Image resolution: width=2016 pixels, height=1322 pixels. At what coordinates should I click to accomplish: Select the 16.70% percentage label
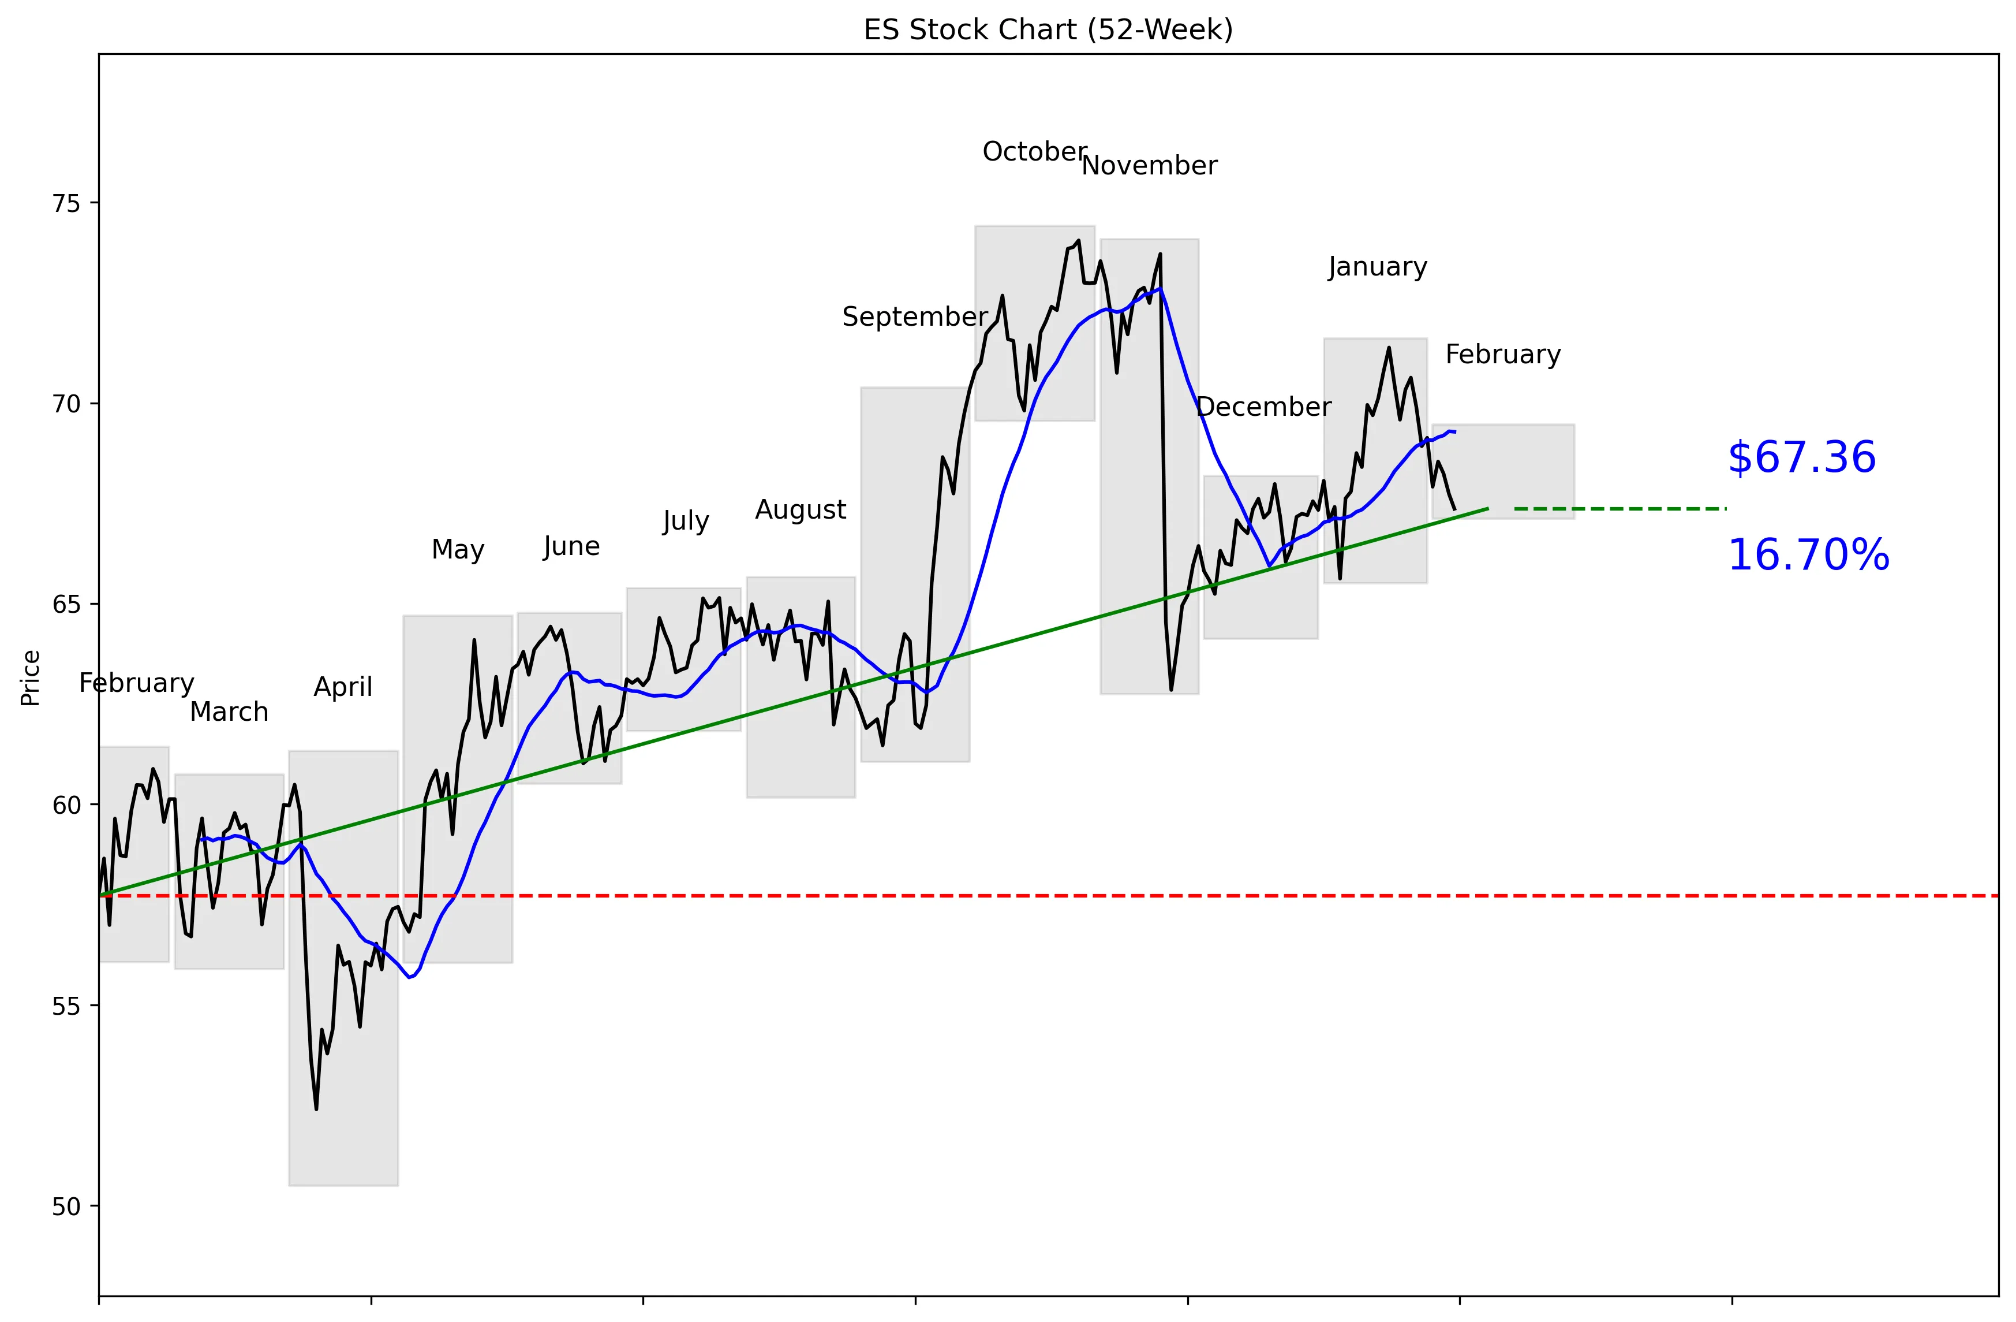1808,556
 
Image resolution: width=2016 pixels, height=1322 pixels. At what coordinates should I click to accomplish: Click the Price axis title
31,678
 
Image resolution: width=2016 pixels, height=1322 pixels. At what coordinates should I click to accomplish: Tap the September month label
915,317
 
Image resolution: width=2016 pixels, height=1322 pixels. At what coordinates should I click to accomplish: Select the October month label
1034,152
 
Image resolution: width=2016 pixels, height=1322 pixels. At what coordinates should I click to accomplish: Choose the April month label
343,687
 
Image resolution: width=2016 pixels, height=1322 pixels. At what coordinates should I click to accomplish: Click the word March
229,712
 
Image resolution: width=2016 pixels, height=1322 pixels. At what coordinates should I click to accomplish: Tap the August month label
801,509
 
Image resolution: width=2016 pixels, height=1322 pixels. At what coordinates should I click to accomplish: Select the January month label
1377,267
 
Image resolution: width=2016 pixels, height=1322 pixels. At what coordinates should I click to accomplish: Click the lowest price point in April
316,1108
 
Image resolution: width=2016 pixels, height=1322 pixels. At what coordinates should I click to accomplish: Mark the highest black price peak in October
1078,241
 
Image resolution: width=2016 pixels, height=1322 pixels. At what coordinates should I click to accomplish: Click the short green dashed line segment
1619,508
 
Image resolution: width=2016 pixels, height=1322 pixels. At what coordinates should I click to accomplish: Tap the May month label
458,549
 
